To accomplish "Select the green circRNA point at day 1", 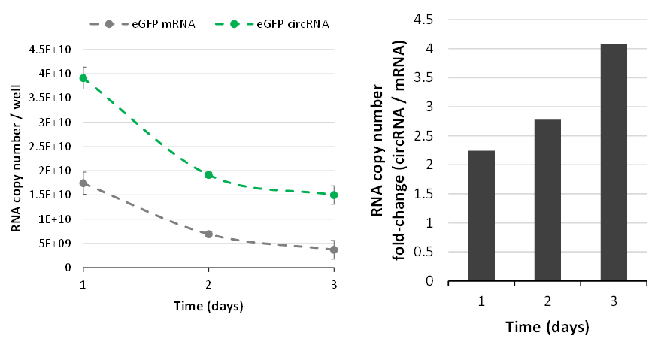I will [x=84, y=78].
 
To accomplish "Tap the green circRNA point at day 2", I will [x=208, y=175].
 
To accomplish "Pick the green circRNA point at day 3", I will [x=333, y=195].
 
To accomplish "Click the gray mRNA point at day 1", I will [x=84, y=183].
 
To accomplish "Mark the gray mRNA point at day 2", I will [x=208, y=234].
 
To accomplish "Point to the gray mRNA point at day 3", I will [x=333, y=250].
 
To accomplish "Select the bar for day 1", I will [x=481, y=216].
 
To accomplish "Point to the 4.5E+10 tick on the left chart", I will [x=50, y=50].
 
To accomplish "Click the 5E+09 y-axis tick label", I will [x=53, y=244].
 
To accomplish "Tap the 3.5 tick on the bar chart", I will [x=426, y=77].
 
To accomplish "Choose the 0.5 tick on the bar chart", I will [x=426, y=252].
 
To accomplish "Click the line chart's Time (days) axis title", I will [x=208, y=306].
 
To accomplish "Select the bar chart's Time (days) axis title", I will [x=547, y=328].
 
